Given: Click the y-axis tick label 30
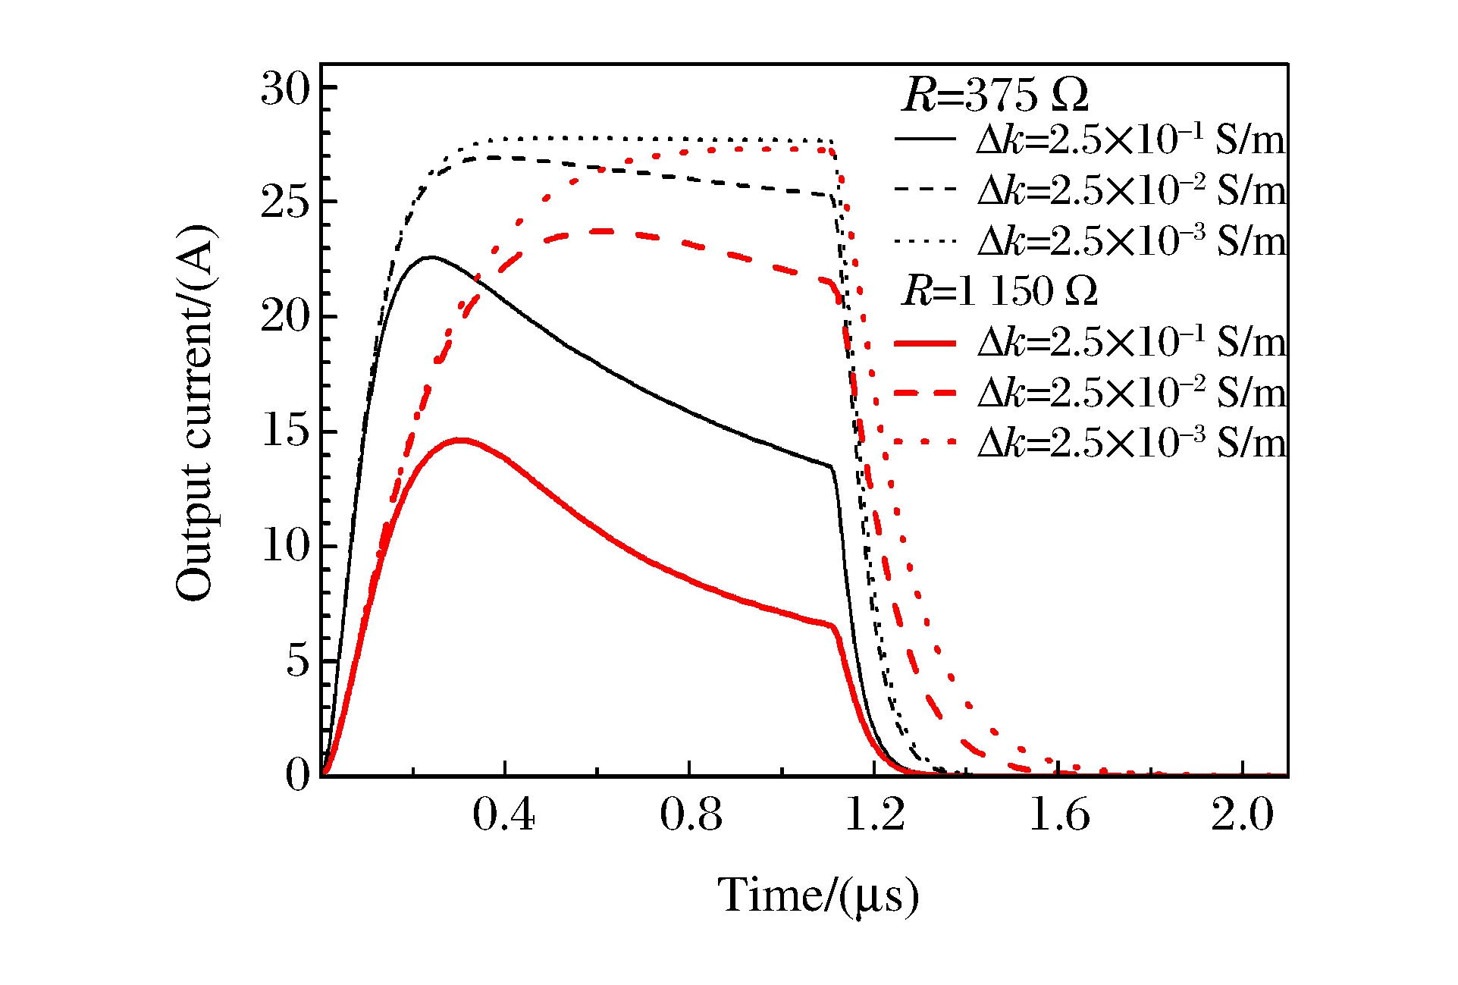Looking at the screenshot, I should point(285,89).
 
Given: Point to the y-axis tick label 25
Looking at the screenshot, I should point(285,203).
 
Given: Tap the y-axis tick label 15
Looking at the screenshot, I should point(285,432).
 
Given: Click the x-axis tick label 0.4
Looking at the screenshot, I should point(503,815).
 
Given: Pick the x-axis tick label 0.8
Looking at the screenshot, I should point(688,815).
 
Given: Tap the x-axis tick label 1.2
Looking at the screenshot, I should point(873,815).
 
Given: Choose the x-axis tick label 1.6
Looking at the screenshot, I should point(1058,815).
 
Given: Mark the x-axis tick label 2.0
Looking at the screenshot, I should point(1242,815).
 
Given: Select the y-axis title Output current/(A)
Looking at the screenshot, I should point(196,413).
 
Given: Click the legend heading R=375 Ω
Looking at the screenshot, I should point(995,96).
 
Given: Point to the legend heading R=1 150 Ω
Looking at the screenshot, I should point(999,291).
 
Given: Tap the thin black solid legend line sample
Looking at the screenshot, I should point(925,139).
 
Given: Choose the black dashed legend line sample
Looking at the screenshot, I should point(925,190).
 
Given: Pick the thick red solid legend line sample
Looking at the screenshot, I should point(925,343).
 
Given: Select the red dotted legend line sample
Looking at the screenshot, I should point(925,442).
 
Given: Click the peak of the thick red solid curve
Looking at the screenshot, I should point(460,440).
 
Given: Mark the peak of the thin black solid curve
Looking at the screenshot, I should point(431,258).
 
